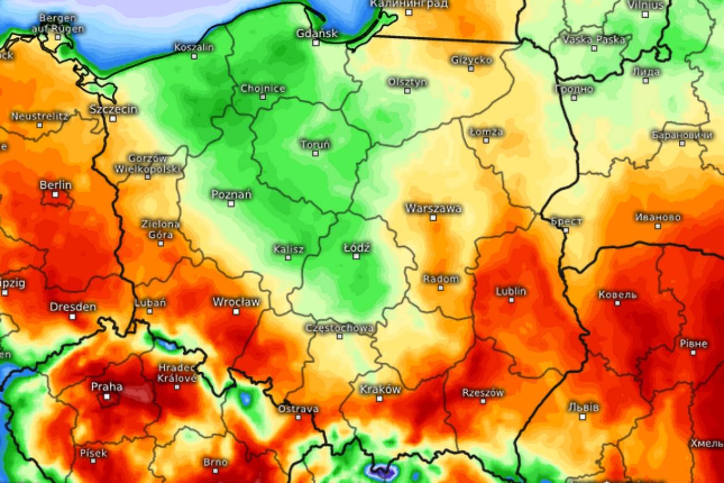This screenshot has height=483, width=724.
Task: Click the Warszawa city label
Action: [433, 209]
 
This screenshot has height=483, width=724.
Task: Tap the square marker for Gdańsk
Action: [316, 42]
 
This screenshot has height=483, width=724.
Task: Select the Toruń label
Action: [315, 145]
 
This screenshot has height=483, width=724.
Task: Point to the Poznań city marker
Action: [231, 203]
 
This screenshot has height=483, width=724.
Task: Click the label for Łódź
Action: [356, 247]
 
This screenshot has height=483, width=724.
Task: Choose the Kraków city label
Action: [380, 389]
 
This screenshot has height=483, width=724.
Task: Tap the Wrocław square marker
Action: [236, 311]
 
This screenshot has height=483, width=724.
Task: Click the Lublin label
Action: [511, 291]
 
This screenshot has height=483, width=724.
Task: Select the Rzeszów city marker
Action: [483, 402]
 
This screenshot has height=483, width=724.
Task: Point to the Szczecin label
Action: [113, 109]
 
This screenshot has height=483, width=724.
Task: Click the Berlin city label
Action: [55, 185]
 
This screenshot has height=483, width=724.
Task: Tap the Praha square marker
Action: [107, 397]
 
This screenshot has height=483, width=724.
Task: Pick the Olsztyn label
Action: [407, 82]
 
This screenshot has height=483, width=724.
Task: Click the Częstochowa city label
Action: [340, 328]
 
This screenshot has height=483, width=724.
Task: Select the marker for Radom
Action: [441, 287]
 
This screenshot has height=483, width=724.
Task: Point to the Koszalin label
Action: [194, 47]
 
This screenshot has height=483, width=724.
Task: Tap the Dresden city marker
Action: [72, 316]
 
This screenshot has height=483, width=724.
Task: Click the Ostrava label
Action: [298, 409]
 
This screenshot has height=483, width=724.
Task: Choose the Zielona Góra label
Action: [160, 229]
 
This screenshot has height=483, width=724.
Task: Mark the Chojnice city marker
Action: [263, 97]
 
